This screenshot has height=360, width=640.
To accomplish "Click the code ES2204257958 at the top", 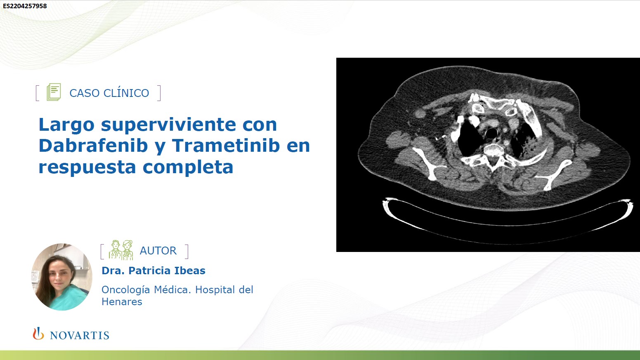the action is [x=25, y=6].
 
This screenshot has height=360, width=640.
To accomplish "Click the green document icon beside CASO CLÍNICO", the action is [x=54, y=92].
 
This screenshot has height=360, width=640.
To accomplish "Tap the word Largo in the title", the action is [x=66, y=125].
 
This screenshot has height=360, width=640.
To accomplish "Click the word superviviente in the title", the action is [x=169, y=125].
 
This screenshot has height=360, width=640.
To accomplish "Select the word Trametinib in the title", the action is [x=226, y=145].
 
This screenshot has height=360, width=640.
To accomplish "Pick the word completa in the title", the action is [x=188, y=167].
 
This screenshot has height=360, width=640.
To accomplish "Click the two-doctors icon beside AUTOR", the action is [x=121, y=250].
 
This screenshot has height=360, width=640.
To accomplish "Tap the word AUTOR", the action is [x=158, y=251].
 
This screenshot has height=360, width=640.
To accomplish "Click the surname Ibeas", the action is [x=190, y=271].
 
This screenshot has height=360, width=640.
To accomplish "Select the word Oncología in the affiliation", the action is [x=126, y=290].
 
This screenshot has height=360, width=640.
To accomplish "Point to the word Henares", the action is [x=122, y=302].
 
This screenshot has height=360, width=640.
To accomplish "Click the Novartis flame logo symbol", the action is [x=38, y=334].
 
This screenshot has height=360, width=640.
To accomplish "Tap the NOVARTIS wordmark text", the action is [x=80, y=335].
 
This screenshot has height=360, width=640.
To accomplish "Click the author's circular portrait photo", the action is [x=62, y=277].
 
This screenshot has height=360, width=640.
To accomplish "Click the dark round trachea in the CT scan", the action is [x=491, y=133].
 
